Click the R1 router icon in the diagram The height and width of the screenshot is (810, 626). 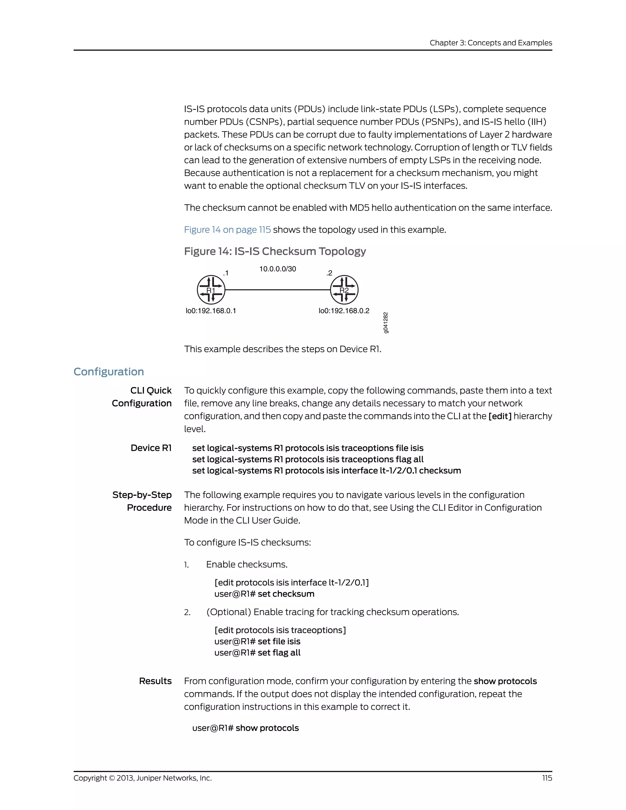point(211,290)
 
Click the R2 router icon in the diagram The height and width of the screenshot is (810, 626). point(344,290)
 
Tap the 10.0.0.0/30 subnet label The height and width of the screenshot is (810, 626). point(278,269)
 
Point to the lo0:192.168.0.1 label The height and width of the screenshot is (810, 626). point(211,311)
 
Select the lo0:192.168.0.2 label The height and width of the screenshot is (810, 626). point(344,311)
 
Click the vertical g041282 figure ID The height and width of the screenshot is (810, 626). point(386,323)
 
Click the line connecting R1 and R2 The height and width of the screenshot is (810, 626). point(278,290)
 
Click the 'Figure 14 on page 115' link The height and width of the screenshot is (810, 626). point(227,230)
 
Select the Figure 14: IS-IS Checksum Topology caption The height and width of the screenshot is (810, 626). point(275,252)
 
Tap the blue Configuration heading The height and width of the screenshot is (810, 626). point(109,372)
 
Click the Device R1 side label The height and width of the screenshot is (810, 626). point(151,448)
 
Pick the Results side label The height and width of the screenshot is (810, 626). point(155,681)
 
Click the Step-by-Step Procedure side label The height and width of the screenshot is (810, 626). point(142,501)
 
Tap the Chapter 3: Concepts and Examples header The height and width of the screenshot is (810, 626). point(491,43)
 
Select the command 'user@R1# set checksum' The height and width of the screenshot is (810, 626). point(264,594)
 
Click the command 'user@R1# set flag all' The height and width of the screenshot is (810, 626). point(257,653)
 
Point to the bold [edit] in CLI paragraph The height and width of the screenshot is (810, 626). point(500,416)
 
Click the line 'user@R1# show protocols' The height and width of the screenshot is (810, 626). point(245,728)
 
